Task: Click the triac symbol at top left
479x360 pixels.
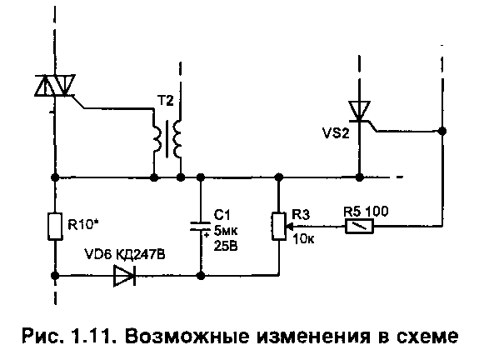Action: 55,85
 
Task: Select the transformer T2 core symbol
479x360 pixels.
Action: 167,138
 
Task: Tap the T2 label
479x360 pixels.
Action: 165,101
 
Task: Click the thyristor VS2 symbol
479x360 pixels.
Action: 360,112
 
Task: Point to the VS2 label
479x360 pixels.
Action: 336,133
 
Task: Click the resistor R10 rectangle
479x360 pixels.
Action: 55,226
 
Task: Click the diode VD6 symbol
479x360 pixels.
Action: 125,276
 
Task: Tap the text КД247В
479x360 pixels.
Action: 140,254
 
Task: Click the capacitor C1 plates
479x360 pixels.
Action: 201,226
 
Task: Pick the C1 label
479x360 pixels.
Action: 222,215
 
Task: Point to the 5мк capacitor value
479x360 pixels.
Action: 226,231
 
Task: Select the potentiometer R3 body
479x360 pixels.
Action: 278,226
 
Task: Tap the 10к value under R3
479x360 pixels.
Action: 303,239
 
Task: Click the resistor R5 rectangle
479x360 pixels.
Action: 359,227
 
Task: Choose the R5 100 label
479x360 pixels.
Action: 366,212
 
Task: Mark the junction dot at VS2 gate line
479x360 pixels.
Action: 442,131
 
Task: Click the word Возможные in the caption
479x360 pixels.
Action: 187,336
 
